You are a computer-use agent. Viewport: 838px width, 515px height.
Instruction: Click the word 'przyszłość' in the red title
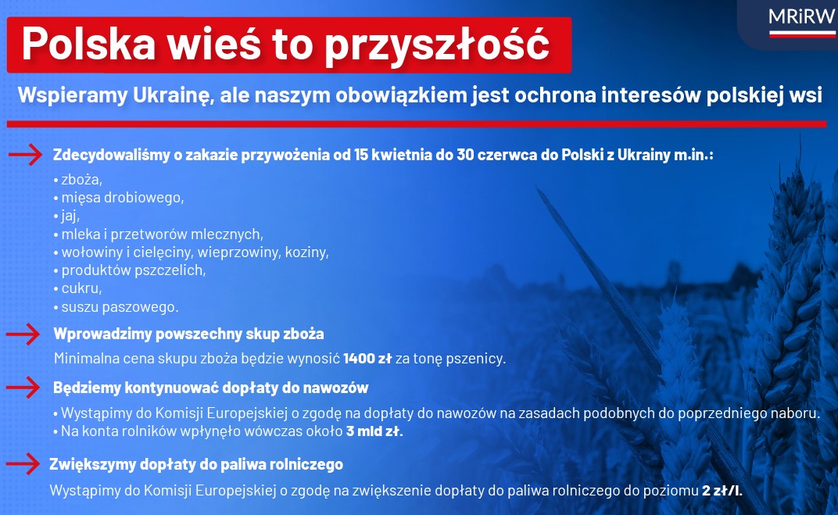[437, 45]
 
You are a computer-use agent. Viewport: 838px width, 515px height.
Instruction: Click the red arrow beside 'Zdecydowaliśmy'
[25, 155]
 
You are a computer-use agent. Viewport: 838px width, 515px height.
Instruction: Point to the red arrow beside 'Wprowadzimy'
[23, 334]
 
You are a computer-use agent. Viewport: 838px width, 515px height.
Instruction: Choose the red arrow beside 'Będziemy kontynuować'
[23, 388]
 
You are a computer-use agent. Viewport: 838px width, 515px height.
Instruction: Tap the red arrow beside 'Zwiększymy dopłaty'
[23, 463]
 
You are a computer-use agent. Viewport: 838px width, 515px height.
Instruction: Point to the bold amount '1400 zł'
[367, 358]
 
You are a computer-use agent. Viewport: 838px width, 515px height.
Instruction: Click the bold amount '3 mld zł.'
[374, 431]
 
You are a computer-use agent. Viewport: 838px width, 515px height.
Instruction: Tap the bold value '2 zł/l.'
[722, 491]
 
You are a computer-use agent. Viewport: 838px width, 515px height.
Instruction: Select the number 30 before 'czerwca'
[465, 155]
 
